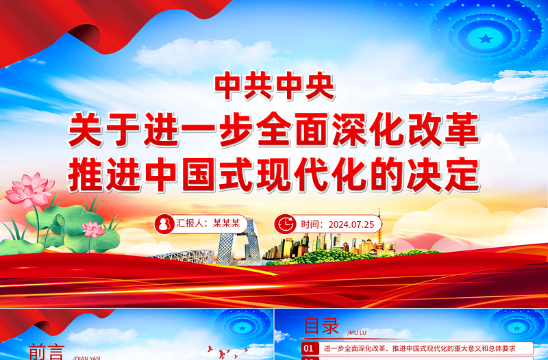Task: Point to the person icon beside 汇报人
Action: click(x=164, y=223)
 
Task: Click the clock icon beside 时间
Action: click(x=284, y=223)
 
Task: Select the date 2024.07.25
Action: click(x=351, y=223)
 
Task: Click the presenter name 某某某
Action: click(x=226, y=223)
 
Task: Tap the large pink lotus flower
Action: click(x=29, y=190)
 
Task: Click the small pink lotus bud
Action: click(x=94, y=230)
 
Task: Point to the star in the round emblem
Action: click(x=485, y=38)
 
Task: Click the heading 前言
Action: click(x=47, y=351)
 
